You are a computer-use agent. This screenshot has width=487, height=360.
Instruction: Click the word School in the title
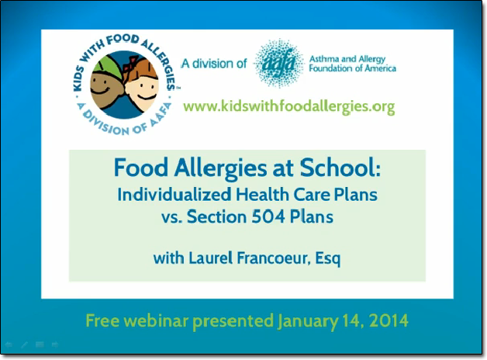340,168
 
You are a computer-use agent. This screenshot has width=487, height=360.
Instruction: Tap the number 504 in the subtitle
268,216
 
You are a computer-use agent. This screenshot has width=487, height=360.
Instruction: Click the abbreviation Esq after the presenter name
328,258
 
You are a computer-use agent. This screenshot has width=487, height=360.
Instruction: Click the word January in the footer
307,321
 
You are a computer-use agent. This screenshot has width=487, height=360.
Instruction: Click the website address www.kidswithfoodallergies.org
289,106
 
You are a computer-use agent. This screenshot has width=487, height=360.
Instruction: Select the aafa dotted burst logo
278,63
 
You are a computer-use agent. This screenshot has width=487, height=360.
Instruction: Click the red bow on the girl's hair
130,64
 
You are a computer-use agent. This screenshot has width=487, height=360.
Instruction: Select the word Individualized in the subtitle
174,195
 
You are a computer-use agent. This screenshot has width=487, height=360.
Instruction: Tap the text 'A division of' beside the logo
214,64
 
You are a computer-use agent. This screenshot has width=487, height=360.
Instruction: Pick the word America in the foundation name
381,68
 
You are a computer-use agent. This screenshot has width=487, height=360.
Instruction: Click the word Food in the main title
141,168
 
